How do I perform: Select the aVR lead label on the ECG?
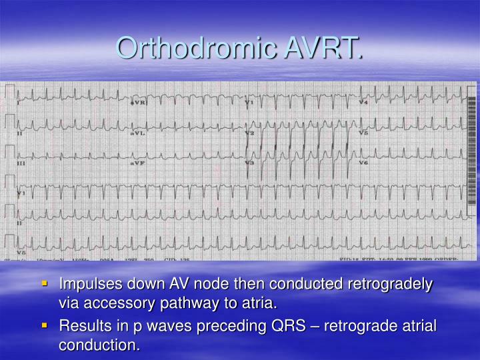point(138,104)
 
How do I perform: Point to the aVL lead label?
point(137,133)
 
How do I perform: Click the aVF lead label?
point(137,163)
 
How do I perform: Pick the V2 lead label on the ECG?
point(249,133)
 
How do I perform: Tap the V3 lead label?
point(249,163)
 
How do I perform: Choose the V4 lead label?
point(363,103)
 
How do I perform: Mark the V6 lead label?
point(363,163)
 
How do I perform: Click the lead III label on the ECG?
point(22,163)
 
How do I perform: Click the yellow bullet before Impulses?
point(45,283)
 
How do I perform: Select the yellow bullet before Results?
point(45,325)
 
